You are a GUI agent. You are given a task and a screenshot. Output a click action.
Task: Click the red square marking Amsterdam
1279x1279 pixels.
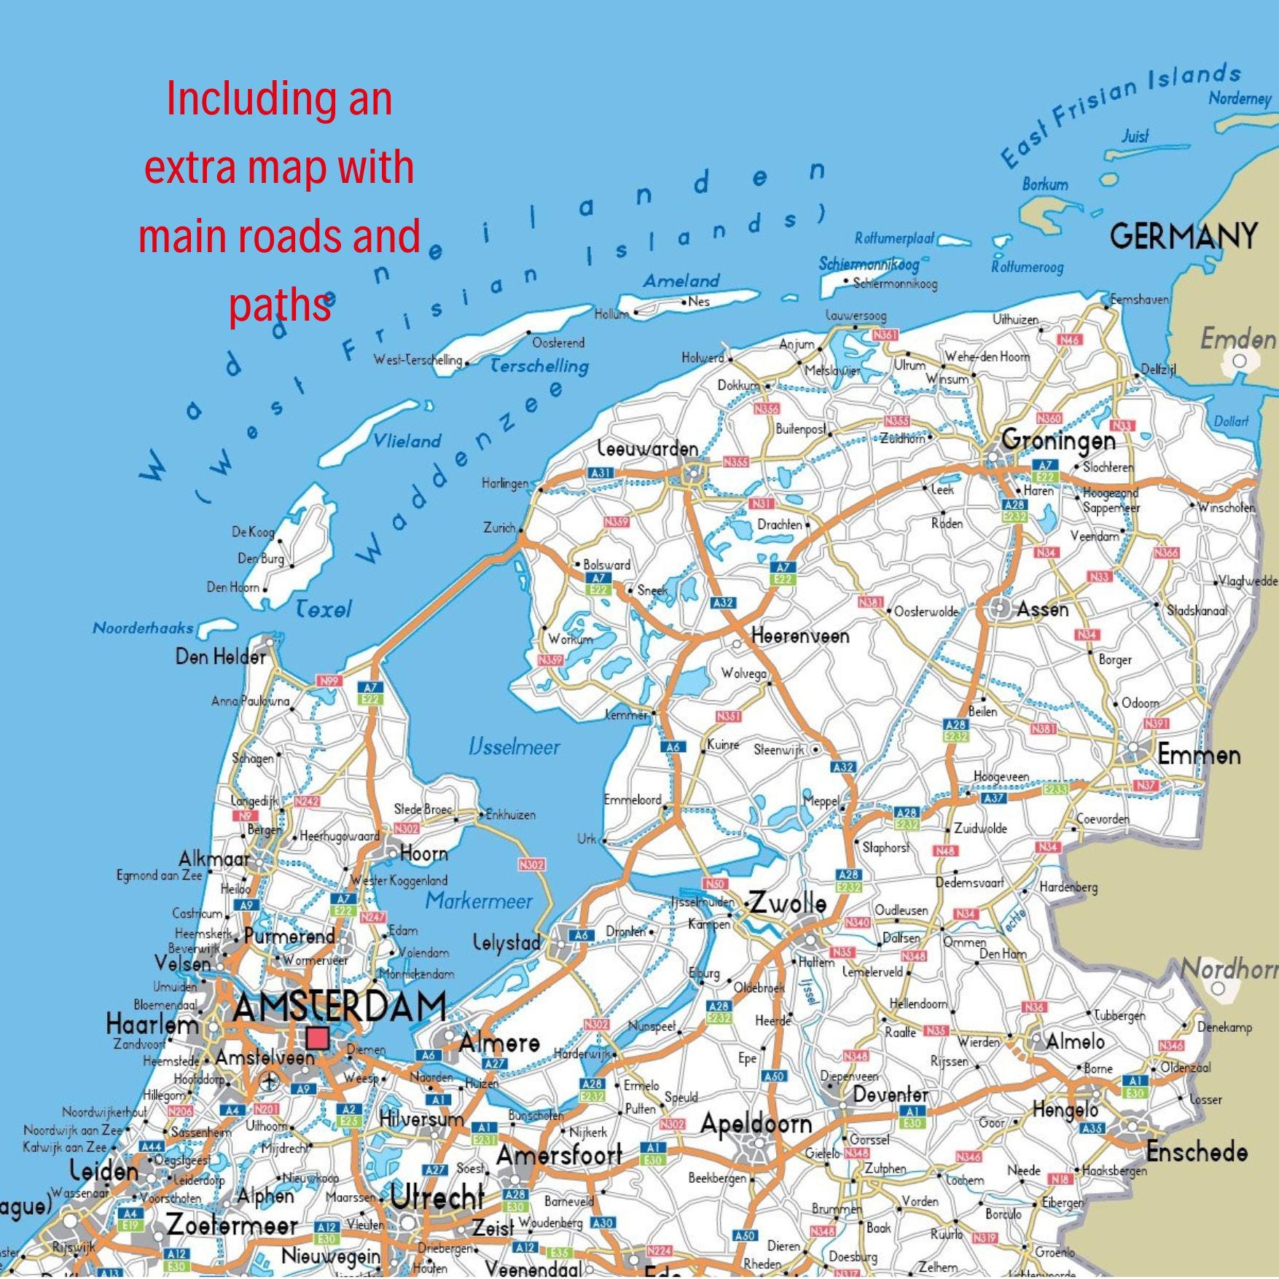[x=316, y=1038]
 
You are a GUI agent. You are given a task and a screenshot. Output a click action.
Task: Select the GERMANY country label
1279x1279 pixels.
[x=1184, y=236]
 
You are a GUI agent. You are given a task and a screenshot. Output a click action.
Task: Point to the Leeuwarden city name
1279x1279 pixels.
[x=648, y=449]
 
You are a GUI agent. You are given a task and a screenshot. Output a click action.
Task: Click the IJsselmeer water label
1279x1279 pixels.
[x=515, y=747]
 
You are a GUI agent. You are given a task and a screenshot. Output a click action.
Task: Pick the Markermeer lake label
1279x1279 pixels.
[x=479, y=901]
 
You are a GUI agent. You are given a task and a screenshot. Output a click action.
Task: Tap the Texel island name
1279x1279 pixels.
[x=324, y=609]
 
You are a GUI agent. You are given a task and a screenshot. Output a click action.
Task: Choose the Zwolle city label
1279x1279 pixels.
[x=789, y=904]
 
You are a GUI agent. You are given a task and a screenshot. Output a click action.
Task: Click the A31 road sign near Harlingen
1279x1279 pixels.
[x=601, y=472]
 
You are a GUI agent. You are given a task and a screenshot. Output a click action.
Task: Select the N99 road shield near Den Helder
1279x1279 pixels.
[x=329, y=681]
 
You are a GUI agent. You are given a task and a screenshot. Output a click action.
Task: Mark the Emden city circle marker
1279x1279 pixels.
[x=1240, y=361]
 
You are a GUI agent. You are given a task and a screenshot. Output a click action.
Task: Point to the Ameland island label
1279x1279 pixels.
[x=681, y=281]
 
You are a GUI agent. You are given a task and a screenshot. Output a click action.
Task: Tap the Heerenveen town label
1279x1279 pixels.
[x=800, y=636]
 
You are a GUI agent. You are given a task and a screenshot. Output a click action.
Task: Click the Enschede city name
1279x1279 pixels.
[x=1197, y=1152]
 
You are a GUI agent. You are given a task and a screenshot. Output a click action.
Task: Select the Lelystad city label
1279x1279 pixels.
[x=507, y=942]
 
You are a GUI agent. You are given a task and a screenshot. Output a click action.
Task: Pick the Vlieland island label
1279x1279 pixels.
[x=407, y=441]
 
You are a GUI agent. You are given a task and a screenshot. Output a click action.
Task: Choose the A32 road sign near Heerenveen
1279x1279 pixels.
[x=724, y=603]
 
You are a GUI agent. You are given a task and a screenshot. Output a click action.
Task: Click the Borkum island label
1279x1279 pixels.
[x=1045, y=184]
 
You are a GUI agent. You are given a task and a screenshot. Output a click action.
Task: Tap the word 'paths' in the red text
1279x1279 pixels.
[x=280, y=306]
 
